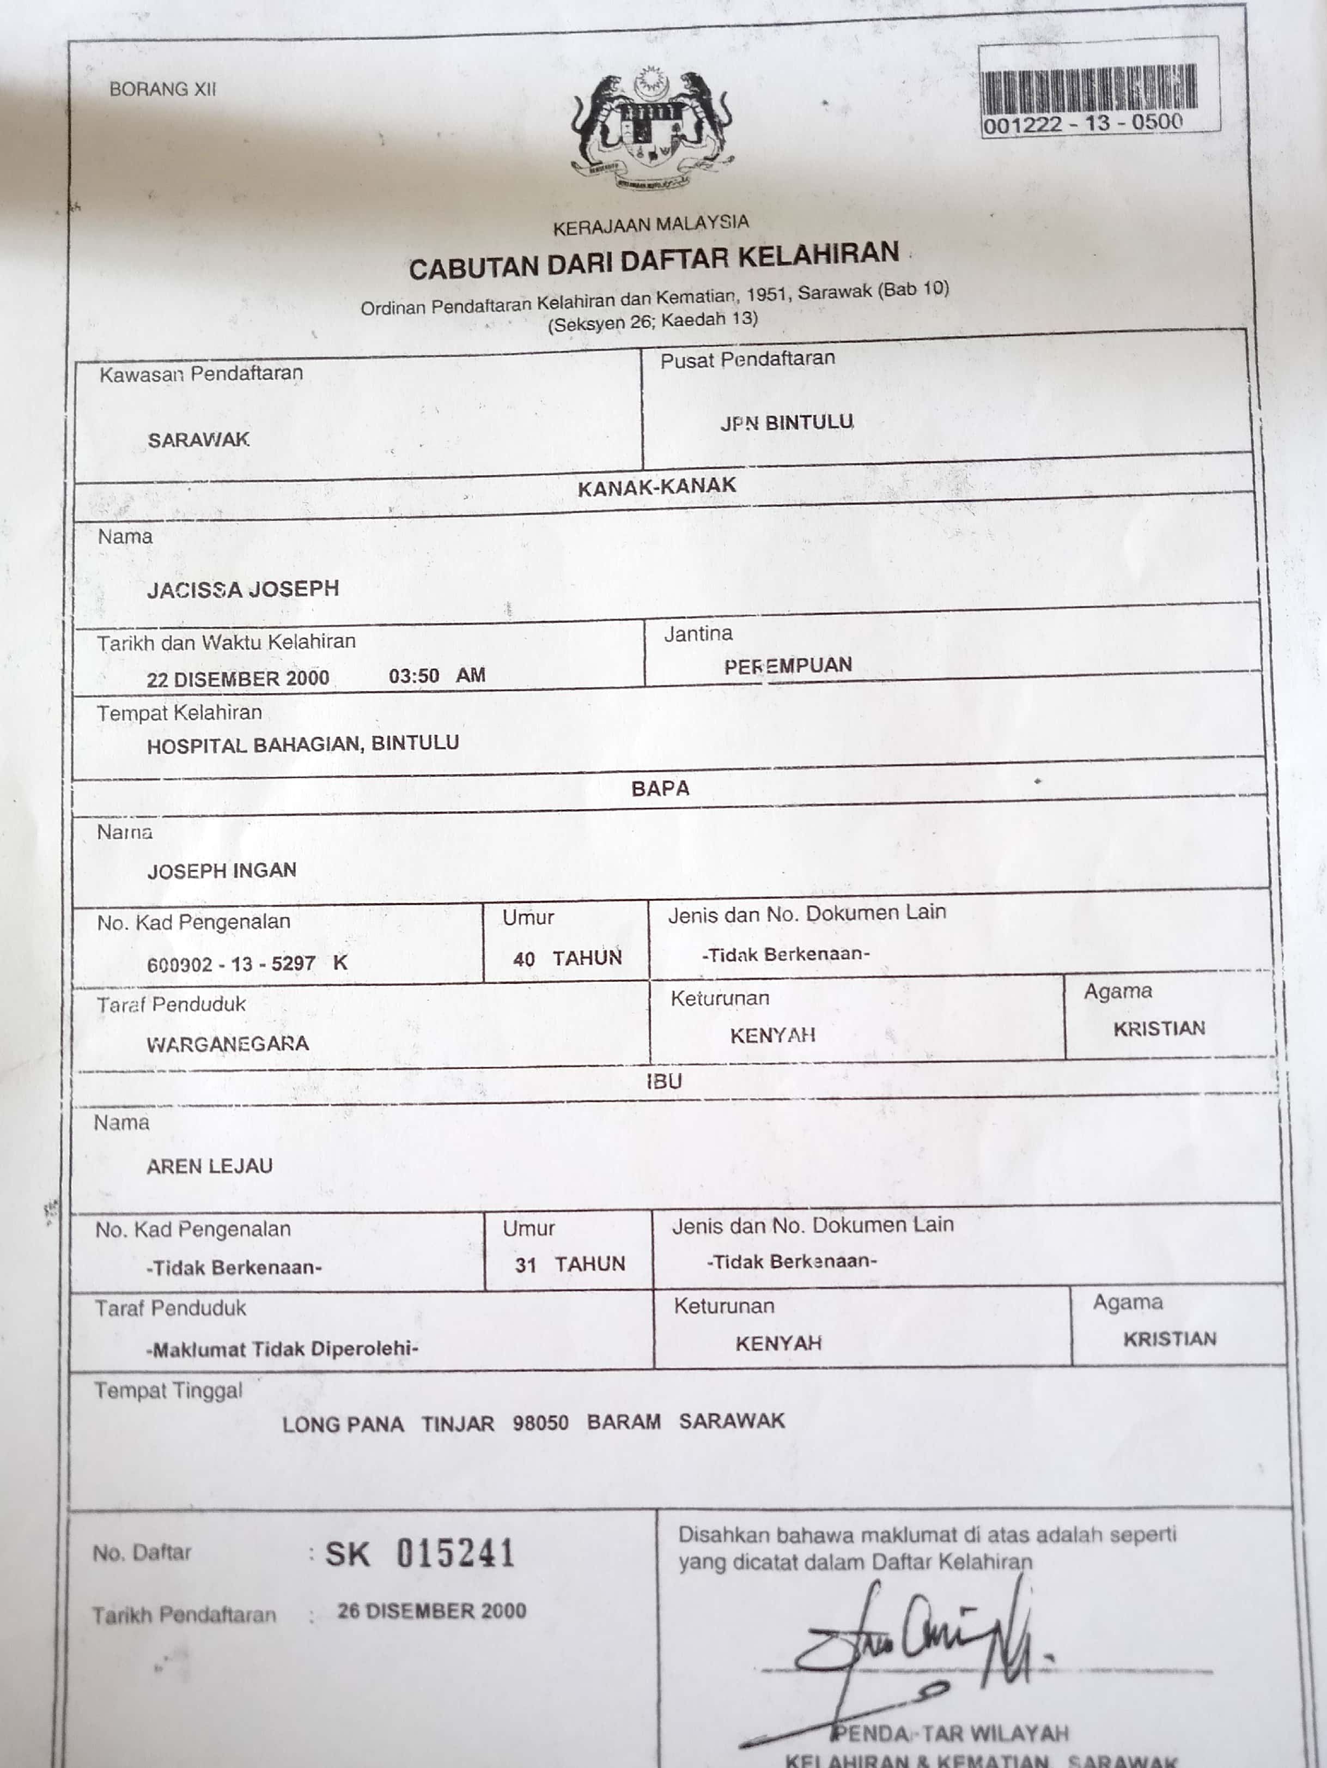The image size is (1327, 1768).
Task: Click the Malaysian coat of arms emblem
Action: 651,130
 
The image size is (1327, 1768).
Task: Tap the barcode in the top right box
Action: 1089,88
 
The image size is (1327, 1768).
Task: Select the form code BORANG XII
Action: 163,89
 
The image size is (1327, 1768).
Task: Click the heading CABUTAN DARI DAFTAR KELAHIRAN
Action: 654,261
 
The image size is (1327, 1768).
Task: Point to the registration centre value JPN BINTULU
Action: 787,422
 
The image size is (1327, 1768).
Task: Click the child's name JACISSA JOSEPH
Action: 243,589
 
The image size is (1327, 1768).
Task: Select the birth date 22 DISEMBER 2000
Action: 238,679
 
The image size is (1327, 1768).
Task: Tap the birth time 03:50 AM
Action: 437,675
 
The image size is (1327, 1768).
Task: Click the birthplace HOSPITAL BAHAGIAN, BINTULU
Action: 303,744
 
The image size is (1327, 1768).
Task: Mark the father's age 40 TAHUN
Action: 567,958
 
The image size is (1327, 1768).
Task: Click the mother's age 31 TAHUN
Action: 570,1264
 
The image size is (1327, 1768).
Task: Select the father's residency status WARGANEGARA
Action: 228,1044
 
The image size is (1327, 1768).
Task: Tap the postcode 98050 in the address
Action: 541,1422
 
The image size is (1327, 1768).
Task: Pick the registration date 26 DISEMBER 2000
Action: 431,1610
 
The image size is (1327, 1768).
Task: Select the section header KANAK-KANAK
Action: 657,487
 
